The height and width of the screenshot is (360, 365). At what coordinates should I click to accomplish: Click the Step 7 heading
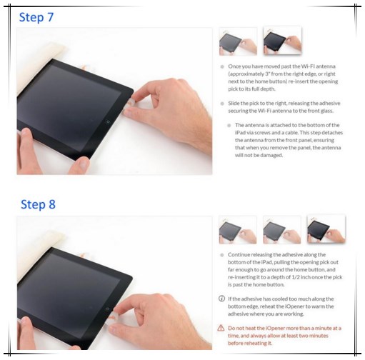(x=36, y=17)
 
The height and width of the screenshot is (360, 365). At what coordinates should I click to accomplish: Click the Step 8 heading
(x=38, y=204)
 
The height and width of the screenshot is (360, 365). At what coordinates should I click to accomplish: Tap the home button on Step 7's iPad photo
(x=108, y=121)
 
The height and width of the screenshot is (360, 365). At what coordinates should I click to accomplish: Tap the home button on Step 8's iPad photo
(x=108, y=309)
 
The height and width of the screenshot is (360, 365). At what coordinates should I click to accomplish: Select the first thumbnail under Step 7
(x=238, y=41)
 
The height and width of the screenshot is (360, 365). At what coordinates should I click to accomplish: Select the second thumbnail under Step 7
(x=282, y=41)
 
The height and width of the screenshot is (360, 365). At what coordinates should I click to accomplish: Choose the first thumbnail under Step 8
(x=238, y=230)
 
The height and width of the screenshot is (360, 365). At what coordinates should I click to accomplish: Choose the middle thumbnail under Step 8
(x=282, y=230)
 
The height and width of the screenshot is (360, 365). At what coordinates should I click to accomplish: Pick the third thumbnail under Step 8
(x=326, y=229)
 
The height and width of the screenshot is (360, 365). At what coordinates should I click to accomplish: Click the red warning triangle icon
(x=221, y=328)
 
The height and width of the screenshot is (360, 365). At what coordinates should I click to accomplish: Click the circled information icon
(x=221, y=299)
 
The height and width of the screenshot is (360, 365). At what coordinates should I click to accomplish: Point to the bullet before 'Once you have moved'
(x=222, y=66)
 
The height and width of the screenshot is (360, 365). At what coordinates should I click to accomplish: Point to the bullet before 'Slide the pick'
(x=222, y=104)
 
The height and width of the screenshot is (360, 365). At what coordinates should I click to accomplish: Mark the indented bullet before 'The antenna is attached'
(x=229, y=126)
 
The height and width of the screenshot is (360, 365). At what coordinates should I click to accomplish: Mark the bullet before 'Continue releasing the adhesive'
(x=222, y=255)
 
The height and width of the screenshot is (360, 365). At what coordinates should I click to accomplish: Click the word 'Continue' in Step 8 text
(x=239, y=254)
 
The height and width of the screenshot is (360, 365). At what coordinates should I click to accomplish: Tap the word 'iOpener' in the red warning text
(x=276, y=328)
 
